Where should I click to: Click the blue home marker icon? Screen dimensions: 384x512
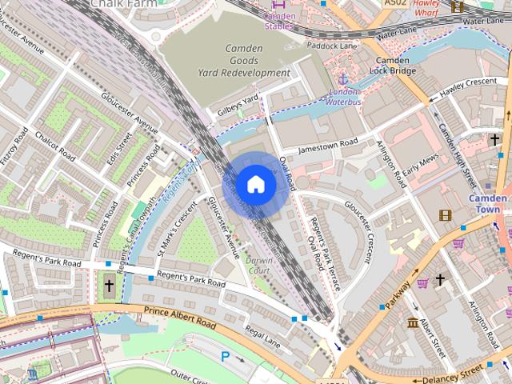(x=255, y=184)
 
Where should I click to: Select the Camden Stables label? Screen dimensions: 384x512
(x=279, y=19)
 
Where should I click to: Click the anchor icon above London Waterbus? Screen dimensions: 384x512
(x=344, y=79)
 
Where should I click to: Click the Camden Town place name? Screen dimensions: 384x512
(x=487, y=204)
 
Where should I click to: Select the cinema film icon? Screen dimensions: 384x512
(x=445, y=214)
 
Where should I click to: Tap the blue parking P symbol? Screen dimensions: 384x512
(x=225, y=357)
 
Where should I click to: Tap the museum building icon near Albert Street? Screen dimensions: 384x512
(x=413, y=322)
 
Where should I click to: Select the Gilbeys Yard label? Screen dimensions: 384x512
(x=233, y=104)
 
